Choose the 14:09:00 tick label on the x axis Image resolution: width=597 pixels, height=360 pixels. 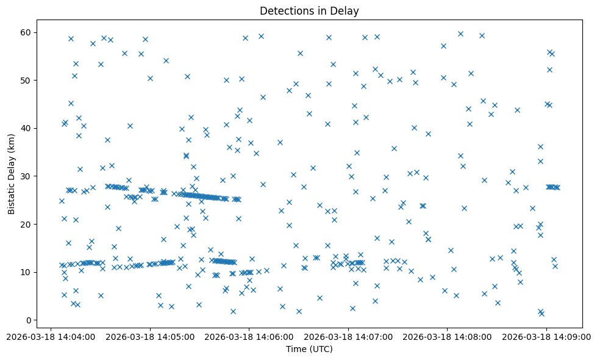(546, 336)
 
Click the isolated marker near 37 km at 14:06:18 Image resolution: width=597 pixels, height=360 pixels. (280, 142)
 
